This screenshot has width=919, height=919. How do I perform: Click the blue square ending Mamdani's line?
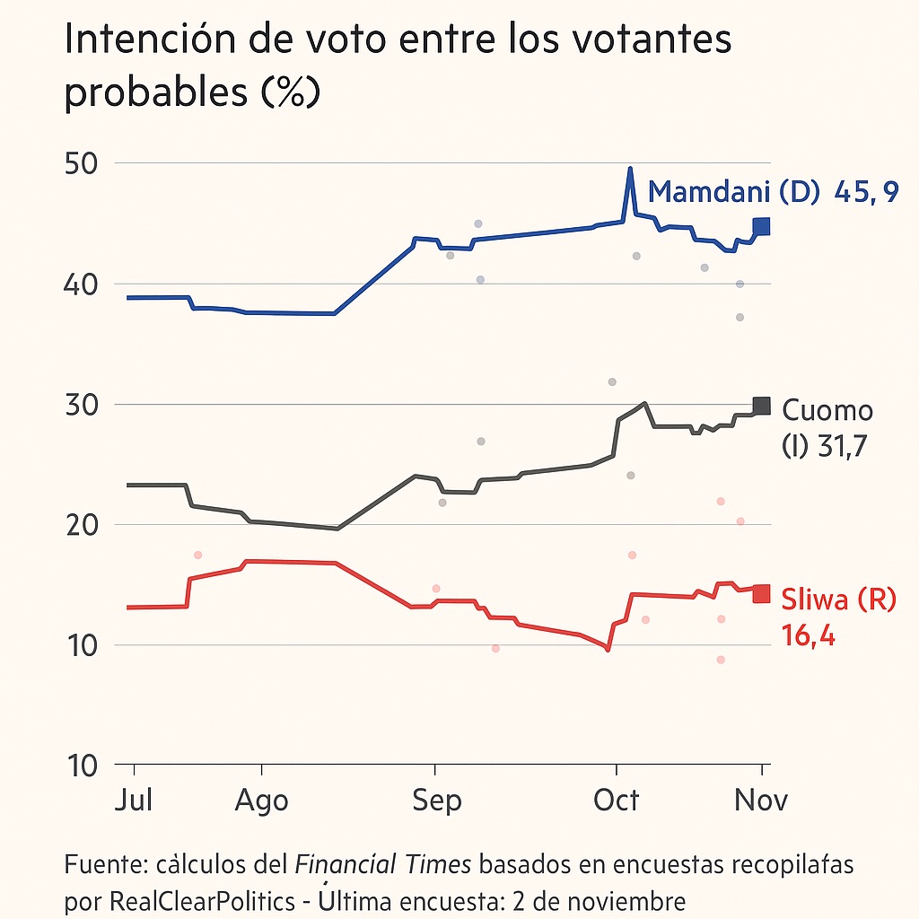(761, 226)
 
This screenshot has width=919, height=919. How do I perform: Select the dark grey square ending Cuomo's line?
(761, 406)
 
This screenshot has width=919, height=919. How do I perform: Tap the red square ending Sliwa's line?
(761, 593)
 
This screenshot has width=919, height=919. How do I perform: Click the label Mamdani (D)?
(735, 191)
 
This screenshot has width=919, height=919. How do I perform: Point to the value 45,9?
(866, 191)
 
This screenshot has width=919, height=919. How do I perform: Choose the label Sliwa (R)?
(838, 600)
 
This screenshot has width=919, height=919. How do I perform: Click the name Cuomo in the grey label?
(827, 410)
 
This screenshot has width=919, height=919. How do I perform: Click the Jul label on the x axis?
(135, 799)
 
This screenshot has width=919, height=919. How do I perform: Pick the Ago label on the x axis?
(261, 800)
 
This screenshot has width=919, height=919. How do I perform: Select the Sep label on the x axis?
(436, 800)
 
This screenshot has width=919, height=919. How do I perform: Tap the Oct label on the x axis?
(616, 799)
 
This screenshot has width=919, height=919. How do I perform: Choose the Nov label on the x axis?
(761, 799)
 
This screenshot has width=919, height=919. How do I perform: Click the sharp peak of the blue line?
(630, 169)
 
